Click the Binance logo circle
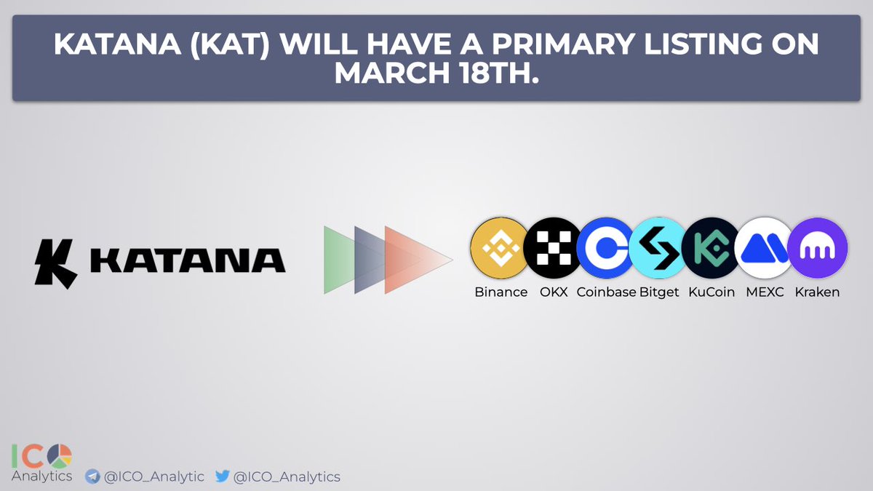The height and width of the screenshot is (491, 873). pyautogui.click(x=500, y=249)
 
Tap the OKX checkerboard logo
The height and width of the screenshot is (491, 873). pyautogui.click(x=551, y=249)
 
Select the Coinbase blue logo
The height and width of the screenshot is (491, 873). pyautogui.click(x=605, y=249)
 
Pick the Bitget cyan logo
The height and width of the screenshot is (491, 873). pyautogui.click(x=658, y=249)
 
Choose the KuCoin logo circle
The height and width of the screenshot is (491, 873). pyautogui.click(x=711, y=249)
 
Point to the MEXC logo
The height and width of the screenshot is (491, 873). pyautogui.click(x=763, y=249)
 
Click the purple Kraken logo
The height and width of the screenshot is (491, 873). pyautogui.click(x=817, y=249)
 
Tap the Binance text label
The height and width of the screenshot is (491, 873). pyautogui.click(x=501, y=292)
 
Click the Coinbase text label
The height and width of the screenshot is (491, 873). pyautogui.click(x=606, y=292)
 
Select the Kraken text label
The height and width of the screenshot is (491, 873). pyautogui.click(x=817, y=292)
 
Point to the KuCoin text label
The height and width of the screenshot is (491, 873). pyautogui.click(x=711, y=292)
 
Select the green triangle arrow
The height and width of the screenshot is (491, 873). pyautogui.click(x=338, y=259)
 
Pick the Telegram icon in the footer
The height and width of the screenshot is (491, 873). pyautogui.click(x=92, y=477)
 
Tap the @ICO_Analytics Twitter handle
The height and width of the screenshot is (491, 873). pyautogui.click(x=287, y=477)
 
